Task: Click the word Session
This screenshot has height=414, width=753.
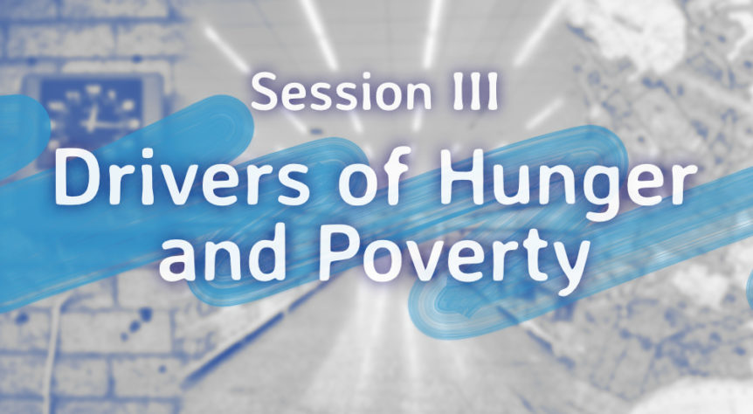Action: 341,92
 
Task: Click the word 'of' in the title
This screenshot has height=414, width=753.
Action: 375,176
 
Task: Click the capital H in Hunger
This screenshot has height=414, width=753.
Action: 463,176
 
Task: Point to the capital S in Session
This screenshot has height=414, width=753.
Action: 263,92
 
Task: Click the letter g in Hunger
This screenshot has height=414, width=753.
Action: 599,191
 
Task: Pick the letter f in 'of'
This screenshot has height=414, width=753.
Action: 397,176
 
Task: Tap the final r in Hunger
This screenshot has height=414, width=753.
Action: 683,184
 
